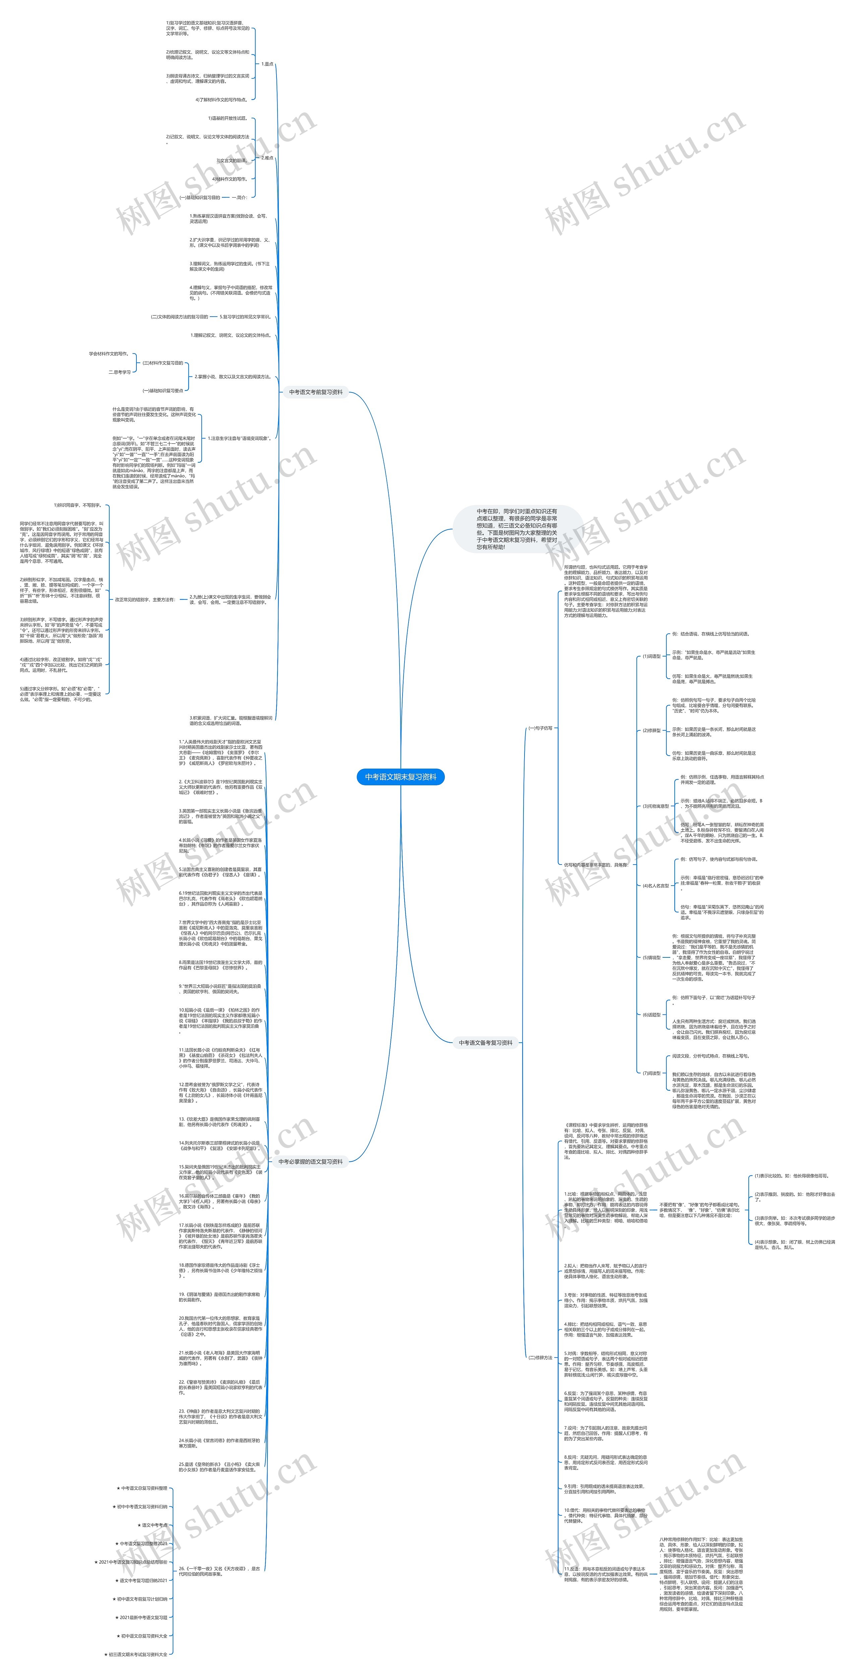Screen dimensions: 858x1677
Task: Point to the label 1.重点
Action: [x=267, y=64]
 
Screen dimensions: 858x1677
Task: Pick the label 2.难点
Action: [x=267, y=158]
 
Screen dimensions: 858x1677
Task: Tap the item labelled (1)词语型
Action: [x=651, y=656]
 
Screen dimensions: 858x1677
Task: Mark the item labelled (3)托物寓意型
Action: [x=655, y=806]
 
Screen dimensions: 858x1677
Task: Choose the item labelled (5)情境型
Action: [x=651, y=958]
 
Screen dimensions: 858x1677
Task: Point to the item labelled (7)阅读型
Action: [x=651, y=1091]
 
